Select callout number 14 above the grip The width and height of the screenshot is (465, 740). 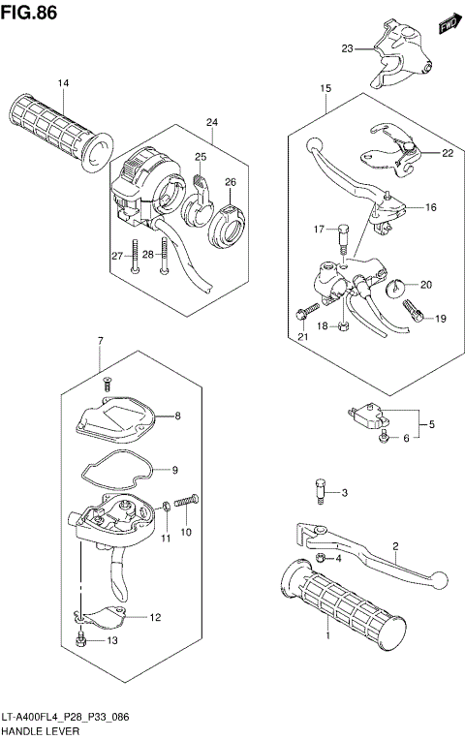coord(63,83)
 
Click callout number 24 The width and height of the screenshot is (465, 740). coord(211,122)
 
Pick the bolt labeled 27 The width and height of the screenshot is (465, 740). coord(136,257)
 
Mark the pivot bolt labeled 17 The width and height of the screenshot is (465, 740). coord(342,233)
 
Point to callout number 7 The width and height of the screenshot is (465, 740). coord(100,342)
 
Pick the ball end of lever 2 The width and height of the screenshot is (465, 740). coord(442,579)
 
